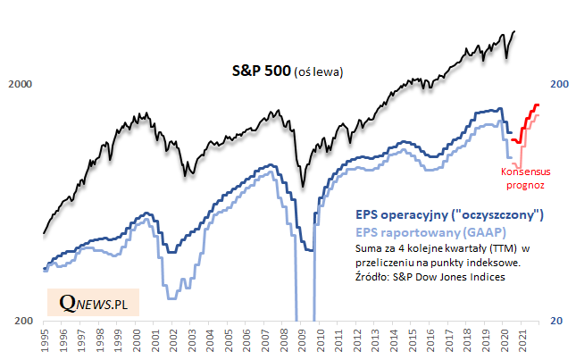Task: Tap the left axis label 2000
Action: click(x=20, y=85)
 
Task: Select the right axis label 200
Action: click(x=559, y=85)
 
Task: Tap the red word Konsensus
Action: click(x=522, y=172)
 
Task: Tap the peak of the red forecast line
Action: click(x=538, y=105)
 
